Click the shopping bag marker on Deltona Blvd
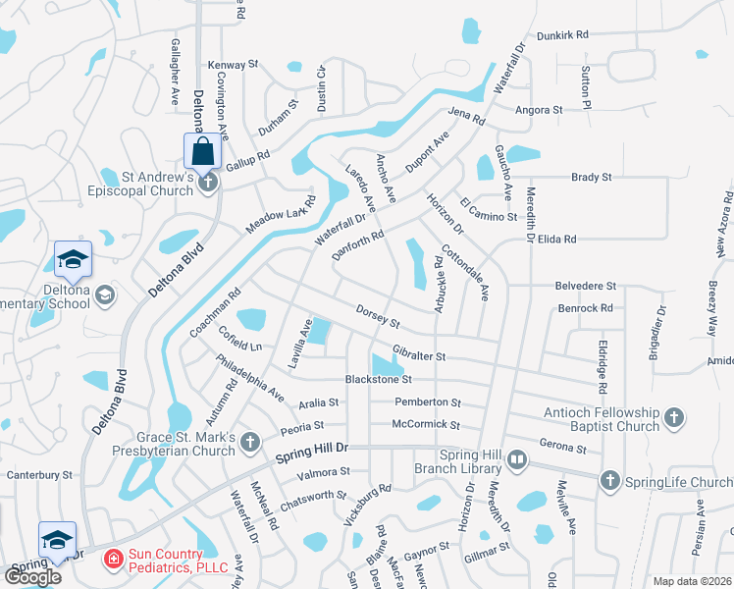(202, 152)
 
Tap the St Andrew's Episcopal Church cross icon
(207, 183)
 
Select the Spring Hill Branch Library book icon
(517, 458)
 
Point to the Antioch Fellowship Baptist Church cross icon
(673, 418)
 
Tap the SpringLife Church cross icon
(609, 481)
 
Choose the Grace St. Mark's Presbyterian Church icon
(250, 442)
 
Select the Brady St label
(592, 178)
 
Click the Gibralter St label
(419, 353)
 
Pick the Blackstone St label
(378, 379)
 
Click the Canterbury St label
(40, 475)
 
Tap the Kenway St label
(233, 65)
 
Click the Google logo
(32, 576)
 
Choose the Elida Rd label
(556, 239)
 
